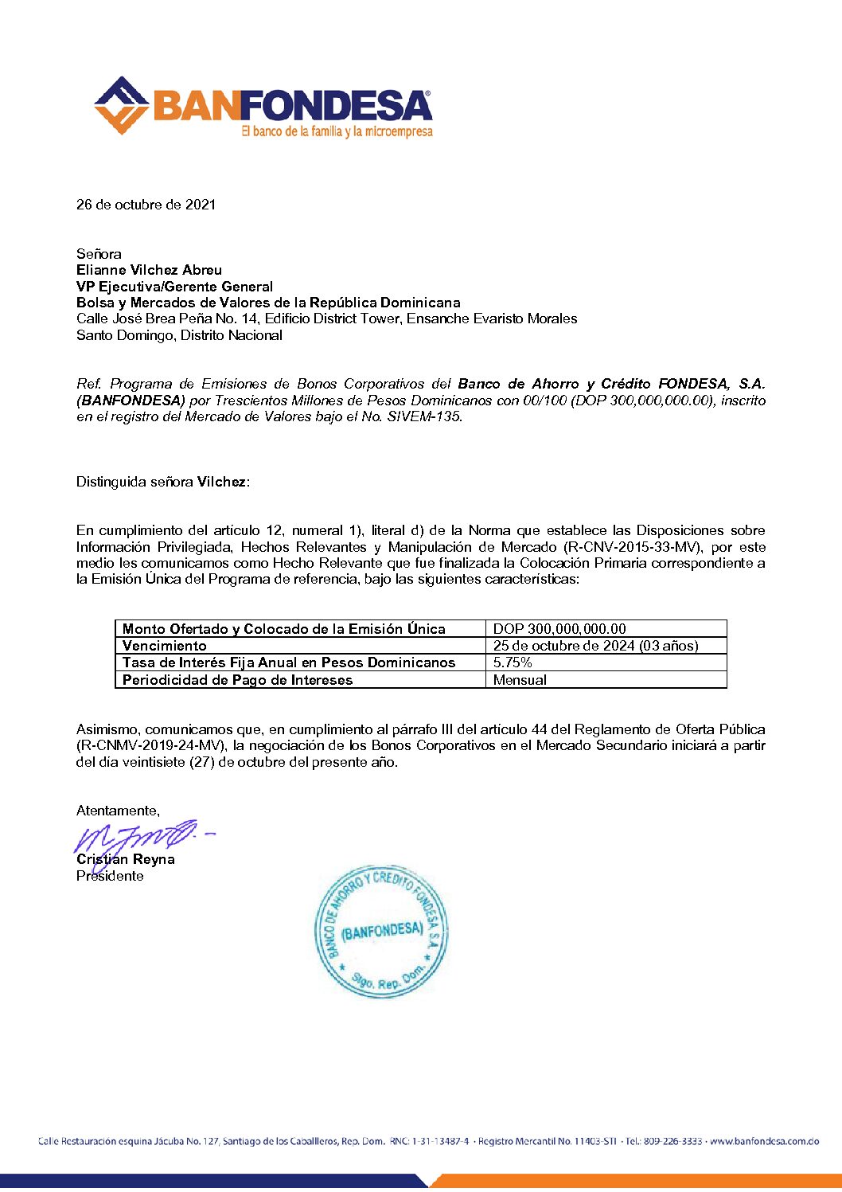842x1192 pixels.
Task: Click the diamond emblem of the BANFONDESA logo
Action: click(x=122, y=105)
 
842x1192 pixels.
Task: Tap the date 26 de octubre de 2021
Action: click(x=146, y=205)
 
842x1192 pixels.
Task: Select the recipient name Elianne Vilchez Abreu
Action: click(x=149, y=270)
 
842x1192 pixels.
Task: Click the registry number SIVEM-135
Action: click(x=423, y=416)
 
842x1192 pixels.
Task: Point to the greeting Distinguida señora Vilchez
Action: click(x=163, y=482)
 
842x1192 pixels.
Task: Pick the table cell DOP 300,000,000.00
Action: click(x=559, y=628)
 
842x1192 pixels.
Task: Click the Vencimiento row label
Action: click(x=165, y=646)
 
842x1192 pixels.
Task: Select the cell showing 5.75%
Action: click(x=513, y=662)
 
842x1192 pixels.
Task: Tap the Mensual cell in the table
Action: click(x=520, y=680)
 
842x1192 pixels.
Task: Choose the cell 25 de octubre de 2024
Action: click(x=595, y=646)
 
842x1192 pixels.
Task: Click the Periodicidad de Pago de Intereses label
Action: click(x=237, y=680)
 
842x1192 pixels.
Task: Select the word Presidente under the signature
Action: click(x=110, y=876)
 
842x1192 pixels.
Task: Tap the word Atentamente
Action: click(x=118, y=811)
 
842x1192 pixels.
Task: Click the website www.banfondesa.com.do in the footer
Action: click(x=764, y=1141)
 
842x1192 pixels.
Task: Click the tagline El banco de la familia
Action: click(x=337, y=131)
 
